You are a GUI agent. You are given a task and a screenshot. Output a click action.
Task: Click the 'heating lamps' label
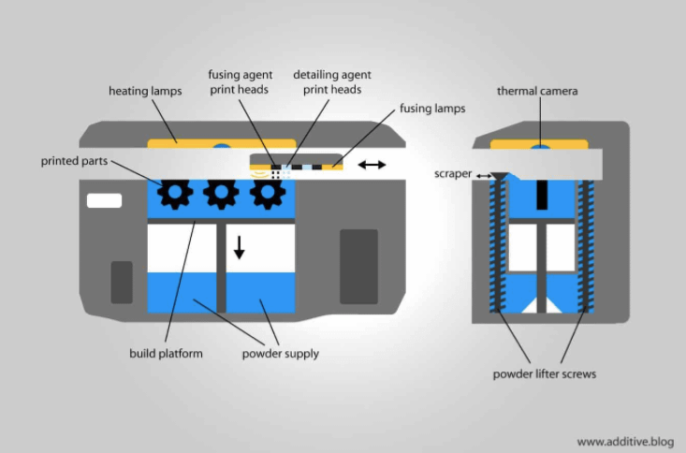pos(144,91)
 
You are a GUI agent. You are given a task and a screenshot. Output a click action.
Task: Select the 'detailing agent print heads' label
pos(327,81)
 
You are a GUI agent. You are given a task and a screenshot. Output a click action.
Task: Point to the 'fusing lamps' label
pos(430,109)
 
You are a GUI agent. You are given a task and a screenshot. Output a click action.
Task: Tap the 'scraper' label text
pos(452,173)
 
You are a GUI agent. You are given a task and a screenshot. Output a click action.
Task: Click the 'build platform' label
pos(166,354)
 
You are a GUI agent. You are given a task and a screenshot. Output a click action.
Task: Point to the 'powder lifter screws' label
pos(543,374)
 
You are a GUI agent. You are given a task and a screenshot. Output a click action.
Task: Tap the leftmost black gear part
pos(174,193)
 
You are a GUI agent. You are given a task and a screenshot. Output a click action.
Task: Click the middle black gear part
pos(221,193)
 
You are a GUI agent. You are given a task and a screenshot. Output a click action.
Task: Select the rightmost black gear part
pos(268,193)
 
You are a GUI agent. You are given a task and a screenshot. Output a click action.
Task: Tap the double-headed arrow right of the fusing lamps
pos(372,165)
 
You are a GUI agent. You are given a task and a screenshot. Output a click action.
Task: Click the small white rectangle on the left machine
pos(103,200)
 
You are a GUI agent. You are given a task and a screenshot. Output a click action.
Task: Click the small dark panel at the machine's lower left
pos(122,283)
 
